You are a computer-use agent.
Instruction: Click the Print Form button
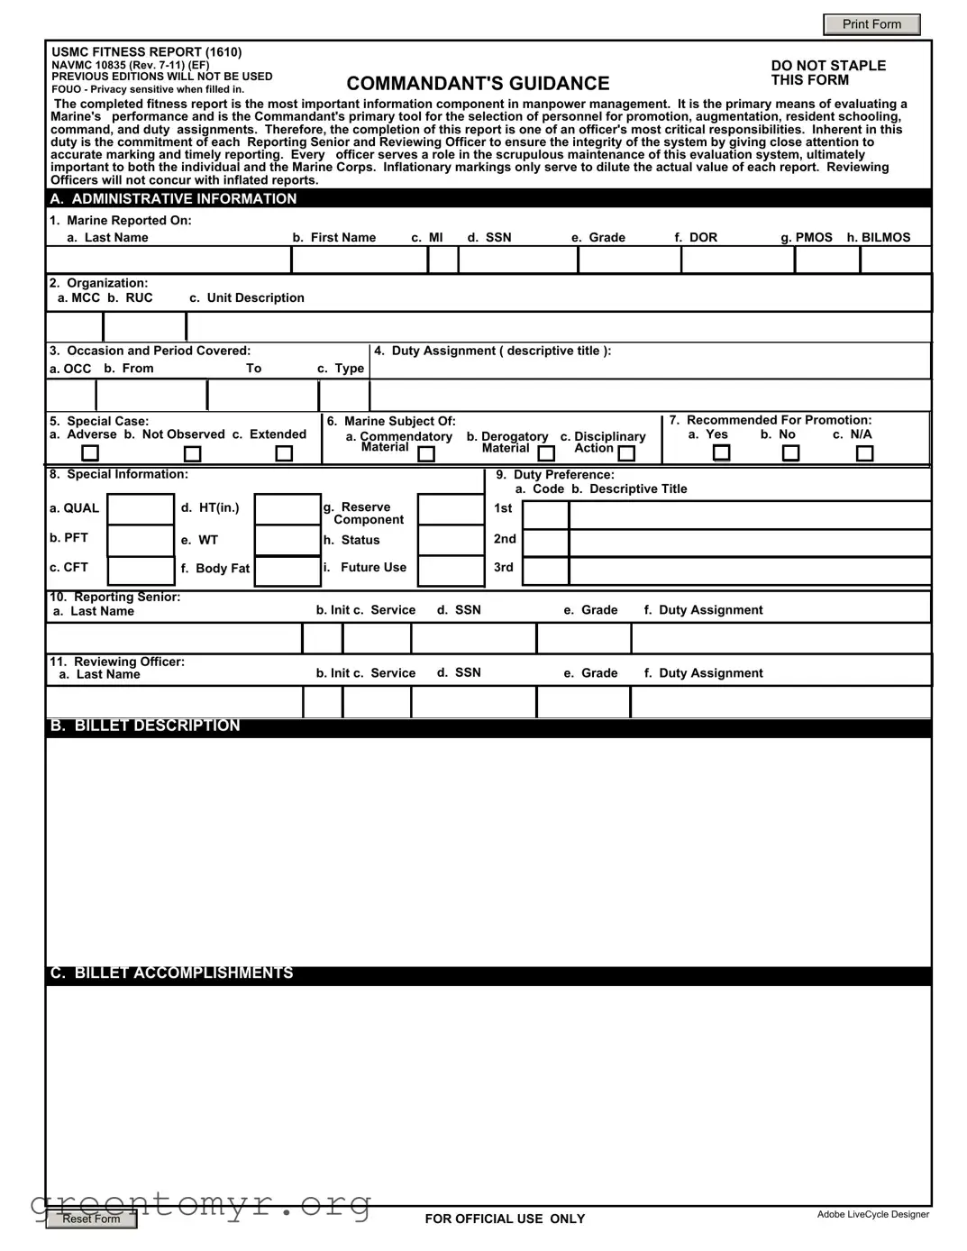click(871, 24)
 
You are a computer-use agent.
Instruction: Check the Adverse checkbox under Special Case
click(90, 453)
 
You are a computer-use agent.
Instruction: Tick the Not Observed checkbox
click(192, 454)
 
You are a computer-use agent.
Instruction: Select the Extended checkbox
click(284, 453)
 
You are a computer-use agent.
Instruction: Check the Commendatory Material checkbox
click(426, 454)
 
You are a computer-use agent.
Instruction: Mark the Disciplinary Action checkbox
click(626, 453)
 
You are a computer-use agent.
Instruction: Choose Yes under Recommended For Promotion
click(721, 452)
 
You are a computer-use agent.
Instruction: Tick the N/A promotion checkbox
click(864, 452)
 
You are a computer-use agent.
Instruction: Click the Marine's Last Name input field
click(169, 260)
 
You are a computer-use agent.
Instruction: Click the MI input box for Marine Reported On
click(442, 260)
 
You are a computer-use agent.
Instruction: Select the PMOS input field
click(826, 260)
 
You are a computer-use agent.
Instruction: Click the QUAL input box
click(141, 509)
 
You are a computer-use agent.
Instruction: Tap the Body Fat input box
click(287, 571)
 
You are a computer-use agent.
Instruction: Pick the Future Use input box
click(451, 571)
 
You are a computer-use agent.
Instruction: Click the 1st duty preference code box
click(545, 515)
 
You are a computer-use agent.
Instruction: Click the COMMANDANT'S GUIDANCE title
click(478, 84)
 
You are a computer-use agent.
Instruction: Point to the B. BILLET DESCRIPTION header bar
click(488, 727)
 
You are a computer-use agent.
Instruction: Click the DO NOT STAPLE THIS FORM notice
click(827, 73)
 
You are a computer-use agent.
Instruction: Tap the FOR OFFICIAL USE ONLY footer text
click(505, 1219)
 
